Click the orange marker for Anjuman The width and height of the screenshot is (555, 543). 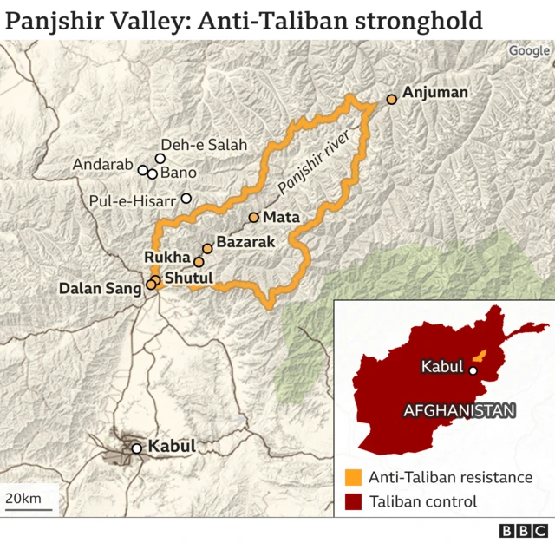coord(392,100)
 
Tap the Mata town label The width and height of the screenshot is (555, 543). coord(281,217)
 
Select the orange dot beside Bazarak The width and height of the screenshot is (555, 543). coord(207,249)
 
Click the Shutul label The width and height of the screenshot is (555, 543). coord(188,277)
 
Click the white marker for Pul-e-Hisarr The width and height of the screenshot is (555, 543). coord(186,199)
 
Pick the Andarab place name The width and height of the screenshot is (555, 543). coord(102,164)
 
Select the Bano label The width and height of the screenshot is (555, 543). coord(179,173)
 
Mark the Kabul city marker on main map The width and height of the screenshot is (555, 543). coord(136,448)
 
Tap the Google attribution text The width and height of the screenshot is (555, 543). coord(529,50)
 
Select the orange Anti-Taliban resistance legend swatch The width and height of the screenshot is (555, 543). coord(353,477)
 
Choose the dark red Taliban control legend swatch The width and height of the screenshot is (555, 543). coord(353,501)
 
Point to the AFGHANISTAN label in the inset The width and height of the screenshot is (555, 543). coord(460,411)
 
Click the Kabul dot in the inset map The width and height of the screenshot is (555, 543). coord(473,370)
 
